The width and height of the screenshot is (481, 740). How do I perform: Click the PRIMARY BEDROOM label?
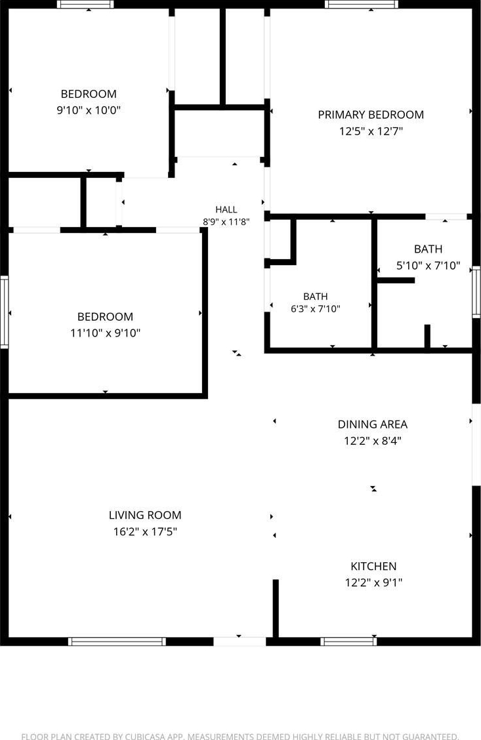(x=371, y=115)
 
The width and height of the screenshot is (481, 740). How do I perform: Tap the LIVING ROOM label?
(x=145, y=515)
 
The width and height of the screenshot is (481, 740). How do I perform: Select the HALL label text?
(x=226, y=209)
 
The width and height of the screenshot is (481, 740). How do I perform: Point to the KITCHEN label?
(x=373, y=566)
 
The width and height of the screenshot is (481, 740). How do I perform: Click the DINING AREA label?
(x=373, y=424)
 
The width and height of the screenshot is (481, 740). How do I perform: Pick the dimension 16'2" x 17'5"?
(x=145, y=532)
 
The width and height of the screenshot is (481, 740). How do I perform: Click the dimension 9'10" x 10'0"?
(x=89, y=110)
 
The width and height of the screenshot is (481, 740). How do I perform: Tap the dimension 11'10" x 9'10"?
(x=105, y=333)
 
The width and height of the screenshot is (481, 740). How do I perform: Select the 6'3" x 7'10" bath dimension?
(x=316, y=309)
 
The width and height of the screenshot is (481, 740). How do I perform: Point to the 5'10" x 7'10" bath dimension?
(x=428, y=266)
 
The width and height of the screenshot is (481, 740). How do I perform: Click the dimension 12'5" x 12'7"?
(x=371, y=131)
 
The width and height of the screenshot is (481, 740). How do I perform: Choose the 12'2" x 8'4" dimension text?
(x=373, y=442)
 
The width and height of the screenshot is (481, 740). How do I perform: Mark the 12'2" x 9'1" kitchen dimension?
(x=373, y=583)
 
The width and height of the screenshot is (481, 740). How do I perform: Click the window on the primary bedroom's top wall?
(x=361, y=4)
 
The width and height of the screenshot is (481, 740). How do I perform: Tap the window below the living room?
(x=117, y=642)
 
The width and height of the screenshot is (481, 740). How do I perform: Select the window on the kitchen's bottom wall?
(x=349, y=642)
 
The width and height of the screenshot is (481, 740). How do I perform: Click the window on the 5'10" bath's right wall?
(x=477, y=292)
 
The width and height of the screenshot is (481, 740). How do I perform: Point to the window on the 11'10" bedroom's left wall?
(x=4, y=312)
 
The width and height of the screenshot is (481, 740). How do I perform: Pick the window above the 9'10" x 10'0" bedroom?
(x=85, y=4)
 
